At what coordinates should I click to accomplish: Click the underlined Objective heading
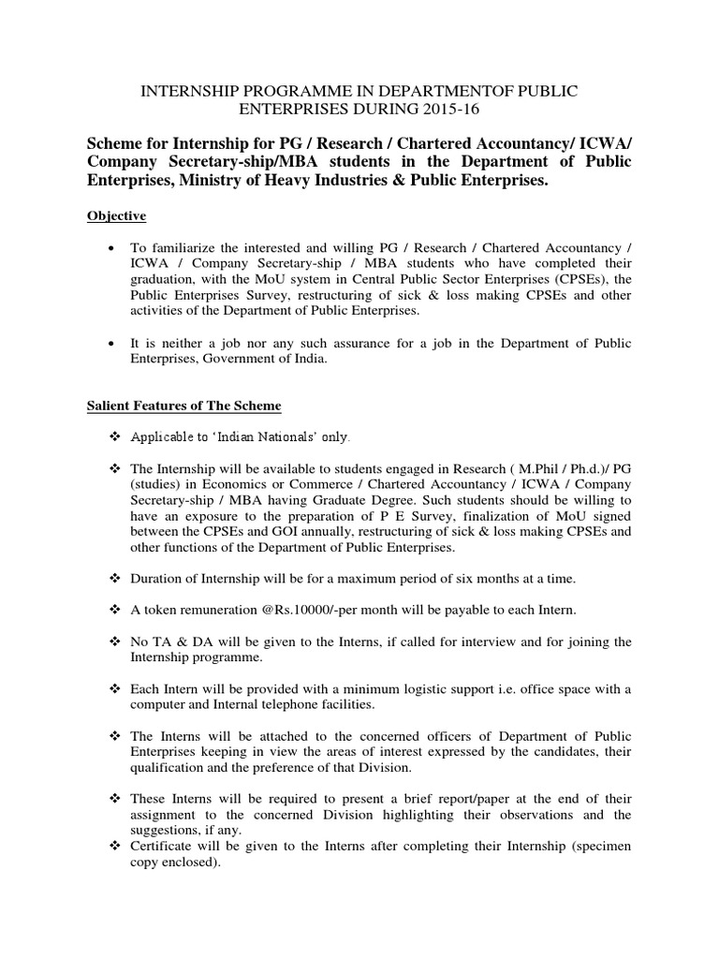coord(116,216)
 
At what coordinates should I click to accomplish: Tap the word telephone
coord(279,704)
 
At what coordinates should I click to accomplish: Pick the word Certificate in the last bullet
coord(167,847)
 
